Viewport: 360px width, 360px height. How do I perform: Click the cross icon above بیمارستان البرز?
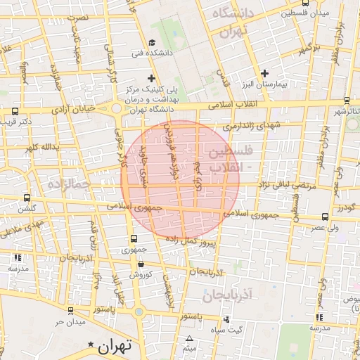[264, 73]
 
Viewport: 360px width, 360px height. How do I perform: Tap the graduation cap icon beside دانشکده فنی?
[153, 43]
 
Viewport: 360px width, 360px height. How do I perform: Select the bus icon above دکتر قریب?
[15, 111]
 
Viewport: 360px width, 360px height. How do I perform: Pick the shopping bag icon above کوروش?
[141, 264]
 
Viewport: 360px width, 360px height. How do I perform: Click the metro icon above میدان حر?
[70, 310]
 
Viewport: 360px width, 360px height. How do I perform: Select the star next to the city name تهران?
[91, 344]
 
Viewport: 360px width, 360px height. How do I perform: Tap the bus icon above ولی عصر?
[324, 217]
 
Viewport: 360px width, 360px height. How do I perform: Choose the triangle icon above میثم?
[188, 339]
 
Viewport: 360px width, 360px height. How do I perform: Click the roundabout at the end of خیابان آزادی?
[116, 109]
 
